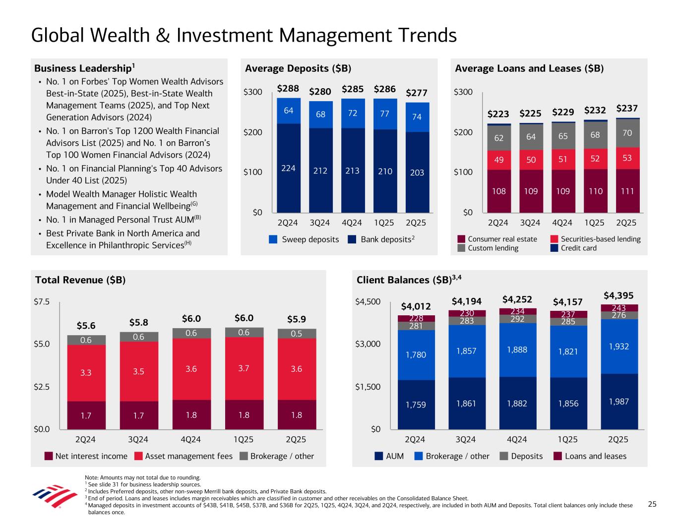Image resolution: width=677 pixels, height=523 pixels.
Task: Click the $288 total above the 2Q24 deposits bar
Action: point(288,89)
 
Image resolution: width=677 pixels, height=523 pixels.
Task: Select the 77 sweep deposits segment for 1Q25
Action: point(384,114)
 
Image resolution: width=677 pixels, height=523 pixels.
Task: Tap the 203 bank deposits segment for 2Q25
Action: point(417,172)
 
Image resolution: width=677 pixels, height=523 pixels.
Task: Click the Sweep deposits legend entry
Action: point(304,239)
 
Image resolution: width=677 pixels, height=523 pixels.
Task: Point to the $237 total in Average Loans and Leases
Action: point(627,108)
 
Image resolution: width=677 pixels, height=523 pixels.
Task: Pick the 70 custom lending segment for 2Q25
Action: point(627,133)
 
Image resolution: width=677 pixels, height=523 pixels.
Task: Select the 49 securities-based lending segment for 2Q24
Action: point(498,160)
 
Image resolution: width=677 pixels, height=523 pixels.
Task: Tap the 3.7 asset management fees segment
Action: point(244,368)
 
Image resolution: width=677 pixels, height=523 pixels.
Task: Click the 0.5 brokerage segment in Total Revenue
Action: point(297,333)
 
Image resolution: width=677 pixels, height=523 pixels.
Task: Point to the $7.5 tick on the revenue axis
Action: point(41,301)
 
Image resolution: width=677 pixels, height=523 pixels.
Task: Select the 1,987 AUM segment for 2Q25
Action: point(618,402)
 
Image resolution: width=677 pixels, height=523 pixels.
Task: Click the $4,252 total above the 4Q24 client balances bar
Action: point(517,299)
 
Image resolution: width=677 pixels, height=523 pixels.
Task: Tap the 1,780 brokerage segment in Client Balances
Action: point(416,354)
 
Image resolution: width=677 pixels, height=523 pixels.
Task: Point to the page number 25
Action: point(652,504)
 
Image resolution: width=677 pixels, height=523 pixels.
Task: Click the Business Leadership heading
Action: point(84,68)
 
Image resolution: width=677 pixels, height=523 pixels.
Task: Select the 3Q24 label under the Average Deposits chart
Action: point(319,223)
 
